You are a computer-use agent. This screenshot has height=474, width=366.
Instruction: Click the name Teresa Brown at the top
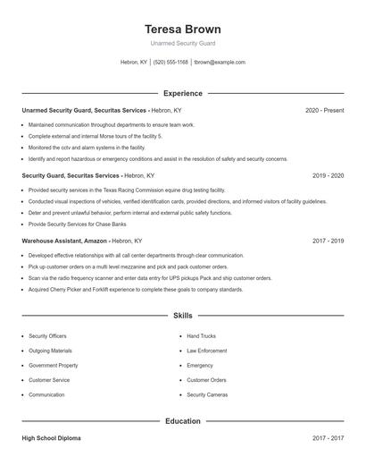pyautogui.click(x=182, y=29)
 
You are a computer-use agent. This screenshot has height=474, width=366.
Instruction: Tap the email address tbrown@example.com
pyautogui.click(x=219, y=63)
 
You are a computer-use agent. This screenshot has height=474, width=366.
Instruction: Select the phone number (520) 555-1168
pyautogui.click(x=171, y=63)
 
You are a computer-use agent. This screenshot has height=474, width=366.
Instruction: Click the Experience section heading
pyautogui.click(x=182, y=93)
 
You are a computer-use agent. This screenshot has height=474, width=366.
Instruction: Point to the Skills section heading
pyautogui.click(x=182, y=316)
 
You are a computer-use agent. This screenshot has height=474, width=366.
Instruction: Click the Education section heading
pyautogui.click(x=182, y=420)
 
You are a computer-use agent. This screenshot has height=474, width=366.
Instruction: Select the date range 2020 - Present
pyautogui.click(x=324, y=110)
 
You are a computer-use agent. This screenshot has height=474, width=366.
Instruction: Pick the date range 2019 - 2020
pyautogui.click(x=328, y=176)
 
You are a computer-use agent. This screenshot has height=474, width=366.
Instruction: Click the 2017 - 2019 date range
pyautogui.click(x=328, y=241)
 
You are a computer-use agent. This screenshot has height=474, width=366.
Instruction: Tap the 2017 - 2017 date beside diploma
pyautogui.click(x=328, y=438)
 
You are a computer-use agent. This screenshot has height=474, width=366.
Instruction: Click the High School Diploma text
pyautogui.click(x=54, y=438)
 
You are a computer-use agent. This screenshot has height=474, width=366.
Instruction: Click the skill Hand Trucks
pyautogui.click(x=201, y=336)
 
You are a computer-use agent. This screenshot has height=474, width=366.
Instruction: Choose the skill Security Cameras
pyautogui.click(x=207, y=394)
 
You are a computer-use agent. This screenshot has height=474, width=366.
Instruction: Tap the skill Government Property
pyautogui.click(x=53, y=365)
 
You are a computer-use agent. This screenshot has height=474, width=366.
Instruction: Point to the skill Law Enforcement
pyautogui.click(x=206, y=351)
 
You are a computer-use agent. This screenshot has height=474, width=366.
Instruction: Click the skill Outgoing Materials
pyautogui.click(x=50, y=351)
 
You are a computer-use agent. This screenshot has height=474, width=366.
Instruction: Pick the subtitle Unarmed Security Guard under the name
pyautogui.click(x=182, y=43)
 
